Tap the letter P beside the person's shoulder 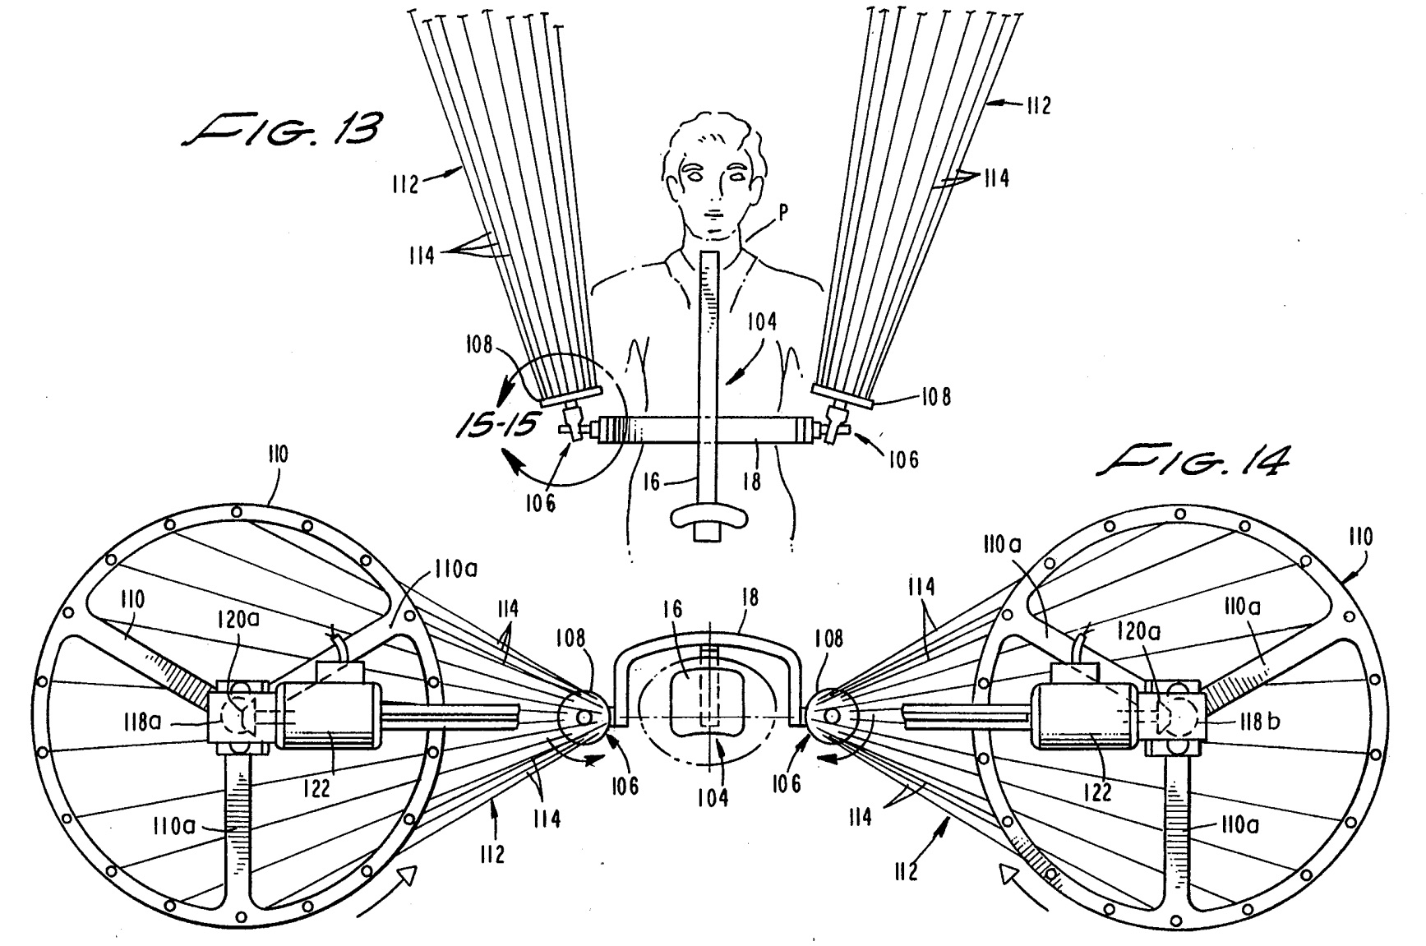point(783,213)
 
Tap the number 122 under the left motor point(316,788)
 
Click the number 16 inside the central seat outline point(672,610)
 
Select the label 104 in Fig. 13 point(761,321)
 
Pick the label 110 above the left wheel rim point(277,455)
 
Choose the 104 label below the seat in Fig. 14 point(712,796)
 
